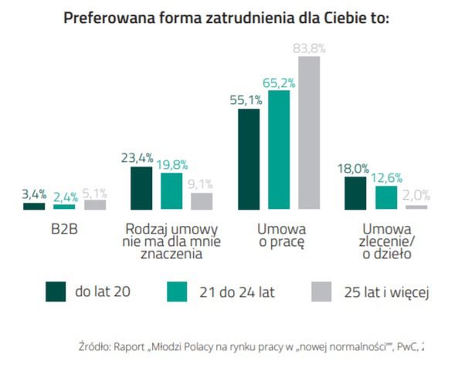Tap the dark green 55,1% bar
click(x=249, y=159)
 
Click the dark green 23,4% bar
click(x=141, y=187)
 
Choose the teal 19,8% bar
click(x=171, y=190)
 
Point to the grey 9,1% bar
click(x=202, y=201)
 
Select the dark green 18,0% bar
click(x=355, y=193)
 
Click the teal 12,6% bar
click(x=385, y=197)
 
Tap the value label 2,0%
click(x=416, y=196)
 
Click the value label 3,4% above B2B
click(x=34, y=194)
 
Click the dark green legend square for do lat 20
click(x=56, y=291)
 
